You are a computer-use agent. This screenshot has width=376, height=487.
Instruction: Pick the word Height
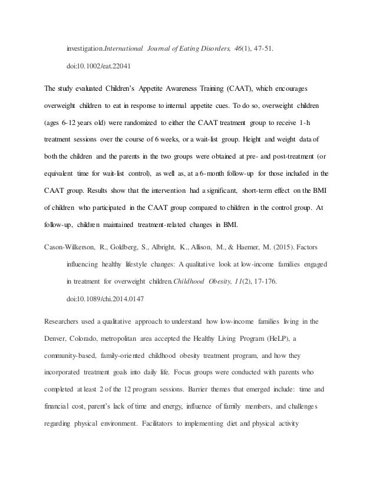coord(261,142)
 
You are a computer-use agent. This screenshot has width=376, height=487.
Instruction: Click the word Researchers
coord(65,321)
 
